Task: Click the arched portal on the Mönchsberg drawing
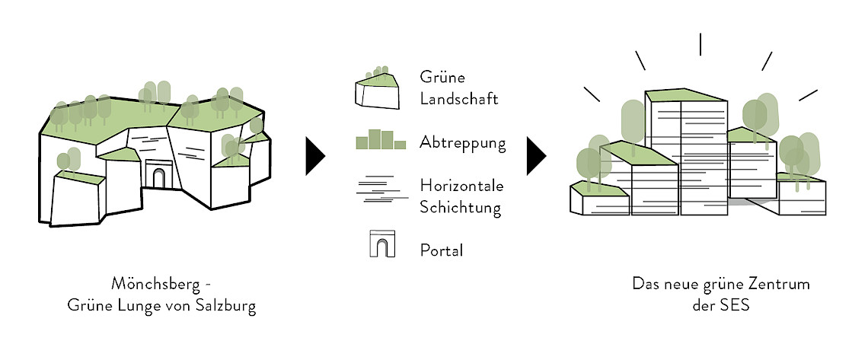pos(159,177)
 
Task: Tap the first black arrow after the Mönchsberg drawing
pos(314,157)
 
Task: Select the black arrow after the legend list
pos(535,157)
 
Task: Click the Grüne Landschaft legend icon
pos(377,88)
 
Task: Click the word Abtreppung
pos(462,143)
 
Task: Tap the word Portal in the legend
pos(441,250)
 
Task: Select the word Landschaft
pos(458,99)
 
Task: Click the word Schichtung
pos(460,208)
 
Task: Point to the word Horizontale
pos(461,186)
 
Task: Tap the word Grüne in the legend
pos(442,78)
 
